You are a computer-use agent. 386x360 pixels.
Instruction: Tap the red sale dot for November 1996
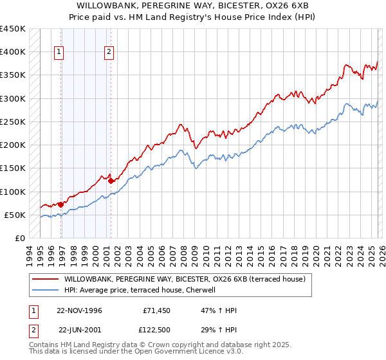coord(61,204)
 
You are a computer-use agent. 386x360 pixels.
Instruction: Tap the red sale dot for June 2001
coord(111,181)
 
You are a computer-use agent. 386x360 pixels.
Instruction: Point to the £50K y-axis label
coord(15,215)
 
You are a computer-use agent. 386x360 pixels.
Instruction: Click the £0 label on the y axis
coord(20,239)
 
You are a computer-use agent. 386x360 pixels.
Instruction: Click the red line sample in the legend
coord(44,279)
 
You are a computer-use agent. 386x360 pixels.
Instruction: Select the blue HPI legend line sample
coord(44,290)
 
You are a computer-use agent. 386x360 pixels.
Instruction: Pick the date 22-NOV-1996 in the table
coord(79,310)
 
